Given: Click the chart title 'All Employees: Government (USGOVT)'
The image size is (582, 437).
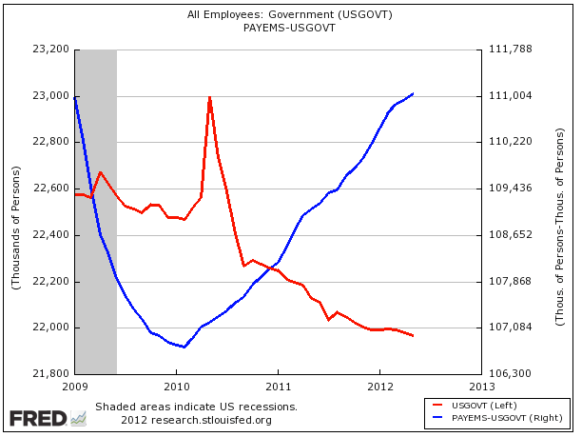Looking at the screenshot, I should coord(290,14).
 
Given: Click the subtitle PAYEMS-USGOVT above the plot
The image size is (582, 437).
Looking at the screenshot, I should coord(290,28).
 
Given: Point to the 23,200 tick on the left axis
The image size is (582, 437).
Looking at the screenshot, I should coord(51,50).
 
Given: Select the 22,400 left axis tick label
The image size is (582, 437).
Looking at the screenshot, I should coord(51,235).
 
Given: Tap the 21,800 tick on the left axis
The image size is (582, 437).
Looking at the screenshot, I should coord(51,374).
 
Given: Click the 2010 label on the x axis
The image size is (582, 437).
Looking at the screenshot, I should coord(176,387).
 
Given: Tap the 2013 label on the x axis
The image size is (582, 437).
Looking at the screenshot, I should coord(481,387).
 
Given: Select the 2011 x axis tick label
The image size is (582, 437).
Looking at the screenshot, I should coord(278,387).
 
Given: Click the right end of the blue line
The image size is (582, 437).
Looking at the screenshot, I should coord(413,93).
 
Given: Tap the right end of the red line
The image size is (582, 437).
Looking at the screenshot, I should coord(413,336).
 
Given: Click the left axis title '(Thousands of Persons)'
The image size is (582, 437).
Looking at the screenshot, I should coord(16,211).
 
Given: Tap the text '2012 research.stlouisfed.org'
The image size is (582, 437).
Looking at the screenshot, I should coord(196,420).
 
